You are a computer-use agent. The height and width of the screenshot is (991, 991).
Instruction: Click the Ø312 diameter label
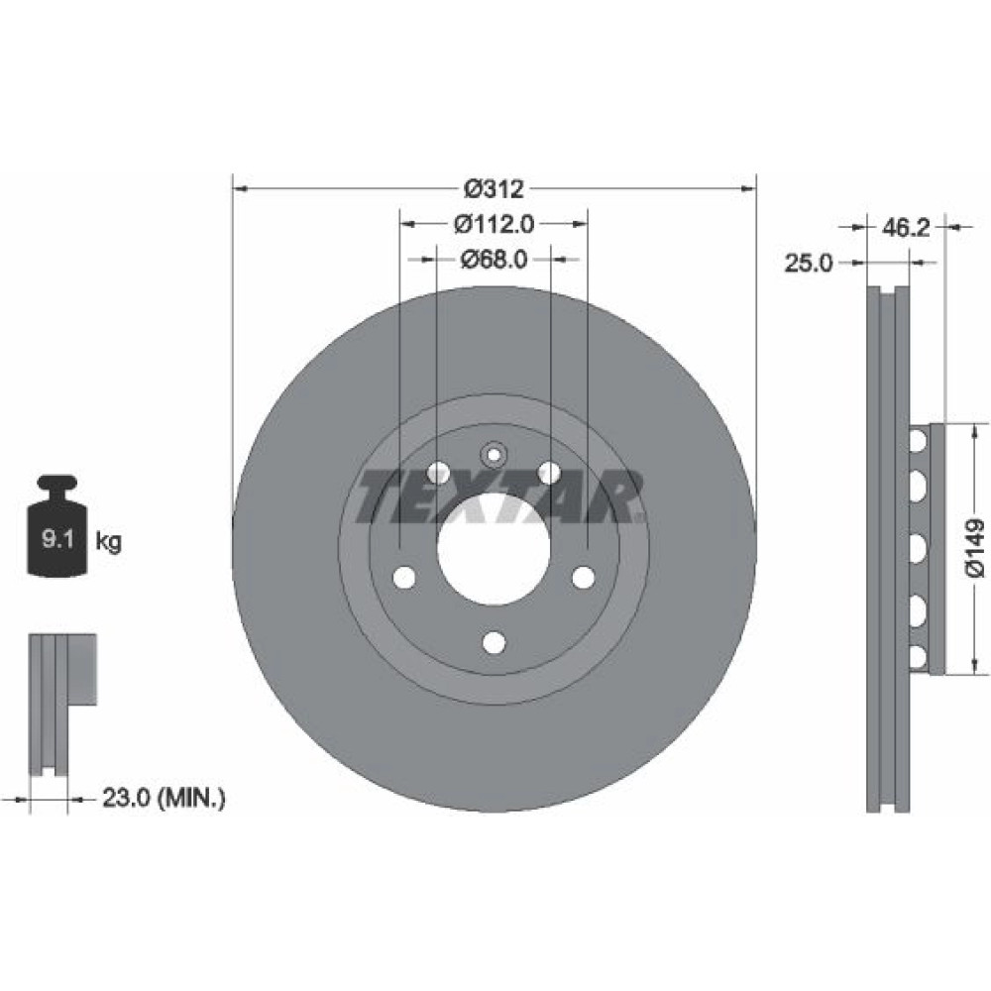point(495,188)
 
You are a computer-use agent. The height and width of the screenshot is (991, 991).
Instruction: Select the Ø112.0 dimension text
point(495,224)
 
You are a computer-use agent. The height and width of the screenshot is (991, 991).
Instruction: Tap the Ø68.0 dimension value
point(495,259)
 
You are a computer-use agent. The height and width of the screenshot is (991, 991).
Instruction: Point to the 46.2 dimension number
point(907,228)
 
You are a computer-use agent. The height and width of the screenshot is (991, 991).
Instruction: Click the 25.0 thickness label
point(809,263)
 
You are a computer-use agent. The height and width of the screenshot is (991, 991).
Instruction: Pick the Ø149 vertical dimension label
point(974,548)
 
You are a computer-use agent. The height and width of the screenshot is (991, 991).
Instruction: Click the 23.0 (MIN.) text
point(164,798)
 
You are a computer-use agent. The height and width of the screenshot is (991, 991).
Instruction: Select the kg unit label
point(108,542)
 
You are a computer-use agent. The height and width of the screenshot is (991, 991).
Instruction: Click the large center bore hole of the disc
point(494,549)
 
